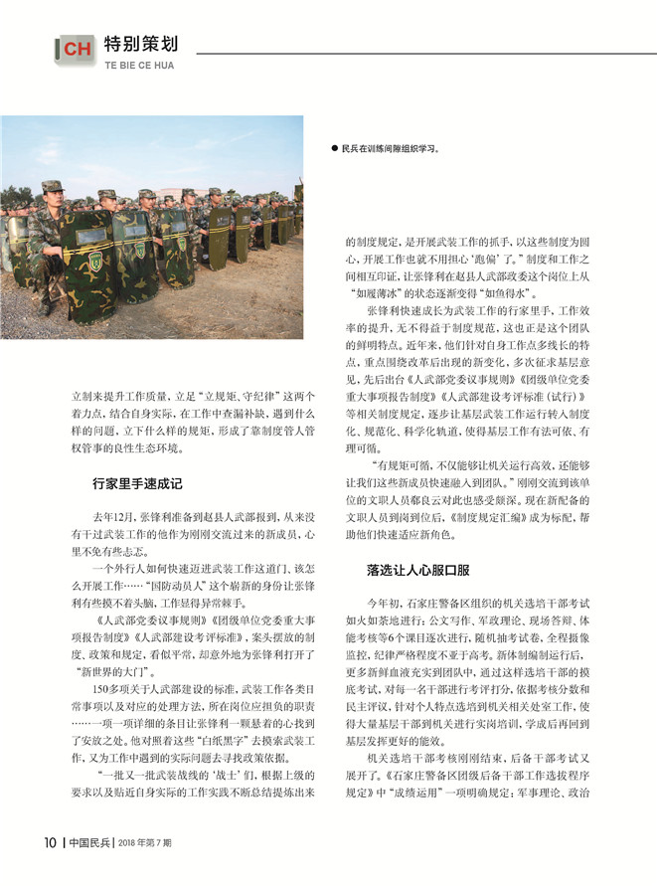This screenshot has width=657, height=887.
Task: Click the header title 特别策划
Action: tap(140, 44)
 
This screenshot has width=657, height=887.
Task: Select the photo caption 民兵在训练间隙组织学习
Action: tap(390, 149)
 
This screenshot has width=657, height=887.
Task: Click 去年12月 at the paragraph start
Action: tap(114, 518)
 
